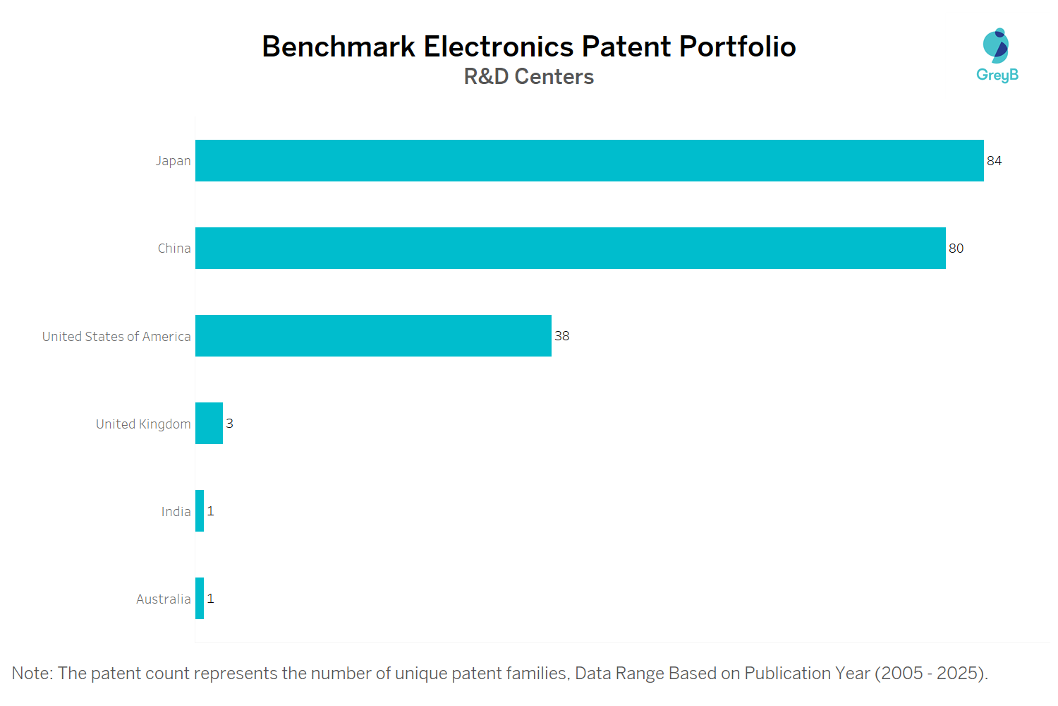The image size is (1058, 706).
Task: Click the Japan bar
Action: [589, 161]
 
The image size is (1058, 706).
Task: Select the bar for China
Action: [570, 249]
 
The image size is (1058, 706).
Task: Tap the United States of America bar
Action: [373, 336]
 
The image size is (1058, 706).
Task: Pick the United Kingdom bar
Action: [209, 424]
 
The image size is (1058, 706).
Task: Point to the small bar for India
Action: [200, 511]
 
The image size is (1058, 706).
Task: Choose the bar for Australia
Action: [200, 599]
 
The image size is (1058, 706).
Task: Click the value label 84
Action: [994, 161]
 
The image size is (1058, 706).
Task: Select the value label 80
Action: [956, 249]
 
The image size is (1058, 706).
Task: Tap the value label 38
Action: [561, 336]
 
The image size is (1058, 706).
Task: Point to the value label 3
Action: [229, 424]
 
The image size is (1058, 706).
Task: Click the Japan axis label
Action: [173, 161]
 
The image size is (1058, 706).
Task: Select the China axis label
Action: [174, 249]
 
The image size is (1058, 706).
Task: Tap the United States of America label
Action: [116, 337]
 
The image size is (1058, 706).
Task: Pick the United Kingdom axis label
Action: [143, 424]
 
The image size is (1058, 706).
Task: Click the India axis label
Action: [176, 512]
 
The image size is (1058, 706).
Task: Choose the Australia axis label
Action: [163, 599]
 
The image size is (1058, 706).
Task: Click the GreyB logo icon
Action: [996, 46]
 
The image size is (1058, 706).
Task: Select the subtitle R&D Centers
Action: [528, 76]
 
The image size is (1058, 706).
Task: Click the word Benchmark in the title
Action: [339, 47]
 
